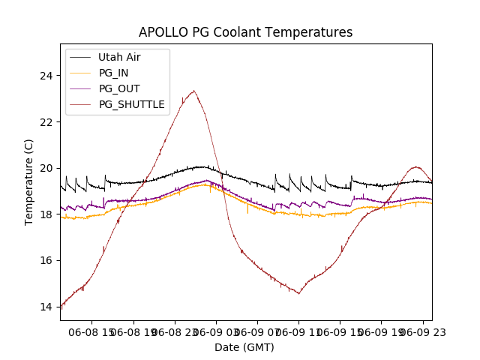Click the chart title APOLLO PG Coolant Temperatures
(245, 32)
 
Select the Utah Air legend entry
(118, 57)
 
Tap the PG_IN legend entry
(113, 73)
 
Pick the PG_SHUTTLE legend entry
(131, 104)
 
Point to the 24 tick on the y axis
(46, 76)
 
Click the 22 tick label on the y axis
(46, 122)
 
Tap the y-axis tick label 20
(46, 168)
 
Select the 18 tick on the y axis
(46, 214)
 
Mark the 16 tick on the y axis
(46, 261)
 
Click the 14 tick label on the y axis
(46, 307)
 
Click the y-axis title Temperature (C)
(29, 182)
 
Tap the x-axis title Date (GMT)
(244, 347)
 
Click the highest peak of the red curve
(193, 91)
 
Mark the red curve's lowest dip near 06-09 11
(298, 293)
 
